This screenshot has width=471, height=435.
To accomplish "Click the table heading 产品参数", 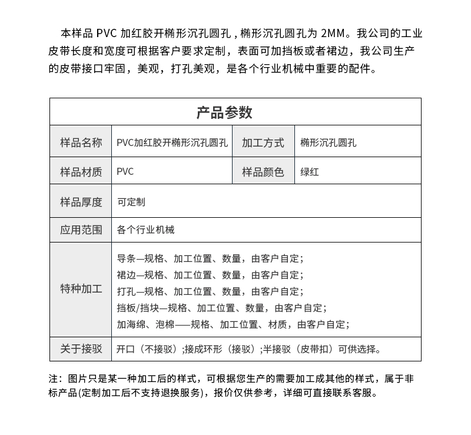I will point(224,112).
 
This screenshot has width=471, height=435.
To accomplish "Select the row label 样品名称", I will point(81,142).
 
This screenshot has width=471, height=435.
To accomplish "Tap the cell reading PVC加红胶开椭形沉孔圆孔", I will point(172,142).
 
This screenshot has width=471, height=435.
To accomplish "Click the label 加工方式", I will point(263,142).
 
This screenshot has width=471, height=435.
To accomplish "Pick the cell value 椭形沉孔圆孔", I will point(328,142).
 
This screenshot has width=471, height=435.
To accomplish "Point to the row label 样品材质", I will point(81,172).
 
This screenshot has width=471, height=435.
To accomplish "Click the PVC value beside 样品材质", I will point(125,172).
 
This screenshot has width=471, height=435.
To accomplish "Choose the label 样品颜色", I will point(263,172).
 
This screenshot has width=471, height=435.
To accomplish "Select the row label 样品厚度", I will point(81,202).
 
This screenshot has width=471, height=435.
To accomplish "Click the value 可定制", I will point(131,202).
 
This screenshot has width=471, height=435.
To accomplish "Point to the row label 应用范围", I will point(81,230).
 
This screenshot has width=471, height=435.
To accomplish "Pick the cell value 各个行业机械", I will point(146,230).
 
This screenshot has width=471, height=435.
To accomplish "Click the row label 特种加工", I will point(81,289).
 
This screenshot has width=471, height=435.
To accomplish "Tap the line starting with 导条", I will point(210,258).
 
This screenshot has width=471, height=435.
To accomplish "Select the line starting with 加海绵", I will point(233,324).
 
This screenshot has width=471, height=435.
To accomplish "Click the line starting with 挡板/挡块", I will point(221,308).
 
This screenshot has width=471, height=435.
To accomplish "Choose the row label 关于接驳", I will point(81,349).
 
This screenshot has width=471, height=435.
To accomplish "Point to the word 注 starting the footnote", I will point(54,378).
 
